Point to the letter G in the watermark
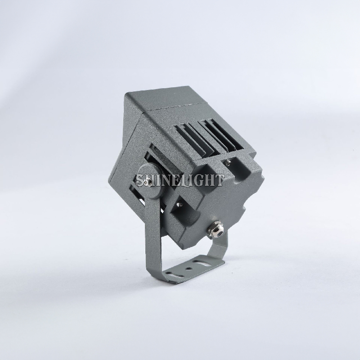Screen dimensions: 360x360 pyautogui.click(x=202, y=180)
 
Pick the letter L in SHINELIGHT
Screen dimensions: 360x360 pyautogui.click(x=186, y=180)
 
